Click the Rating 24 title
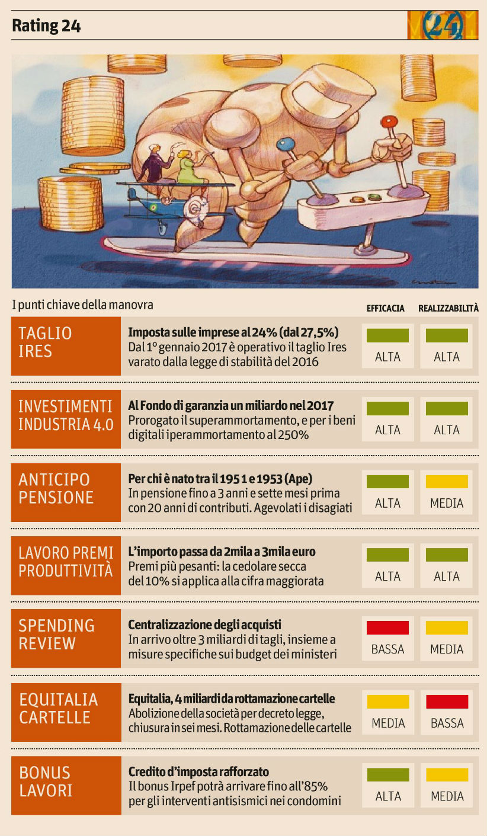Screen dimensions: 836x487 [46, 26]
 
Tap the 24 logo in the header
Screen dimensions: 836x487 [442, 25]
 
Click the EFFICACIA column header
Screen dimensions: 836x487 [385, 308]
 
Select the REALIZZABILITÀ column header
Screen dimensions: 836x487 [448, 308]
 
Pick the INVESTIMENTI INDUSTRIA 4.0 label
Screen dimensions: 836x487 [66, 415]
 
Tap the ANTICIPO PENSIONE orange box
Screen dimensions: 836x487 [66, 488]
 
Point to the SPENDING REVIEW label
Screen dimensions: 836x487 [66, 635]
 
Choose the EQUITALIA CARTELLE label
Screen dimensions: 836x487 [66, 708]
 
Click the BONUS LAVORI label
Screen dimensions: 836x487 [66, 781]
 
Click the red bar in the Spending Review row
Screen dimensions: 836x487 [387, 627]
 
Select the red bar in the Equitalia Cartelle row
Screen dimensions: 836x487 [447, 702]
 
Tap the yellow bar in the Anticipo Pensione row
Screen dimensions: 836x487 [447, 482]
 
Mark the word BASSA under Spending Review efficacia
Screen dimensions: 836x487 [387, 649]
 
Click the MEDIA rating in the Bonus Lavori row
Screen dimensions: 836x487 [447, 796]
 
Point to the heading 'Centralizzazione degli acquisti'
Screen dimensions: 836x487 [204, 624]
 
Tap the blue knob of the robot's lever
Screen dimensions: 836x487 [286, 144]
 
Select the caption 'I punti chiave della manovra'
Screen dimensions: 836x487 [82, 305]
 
